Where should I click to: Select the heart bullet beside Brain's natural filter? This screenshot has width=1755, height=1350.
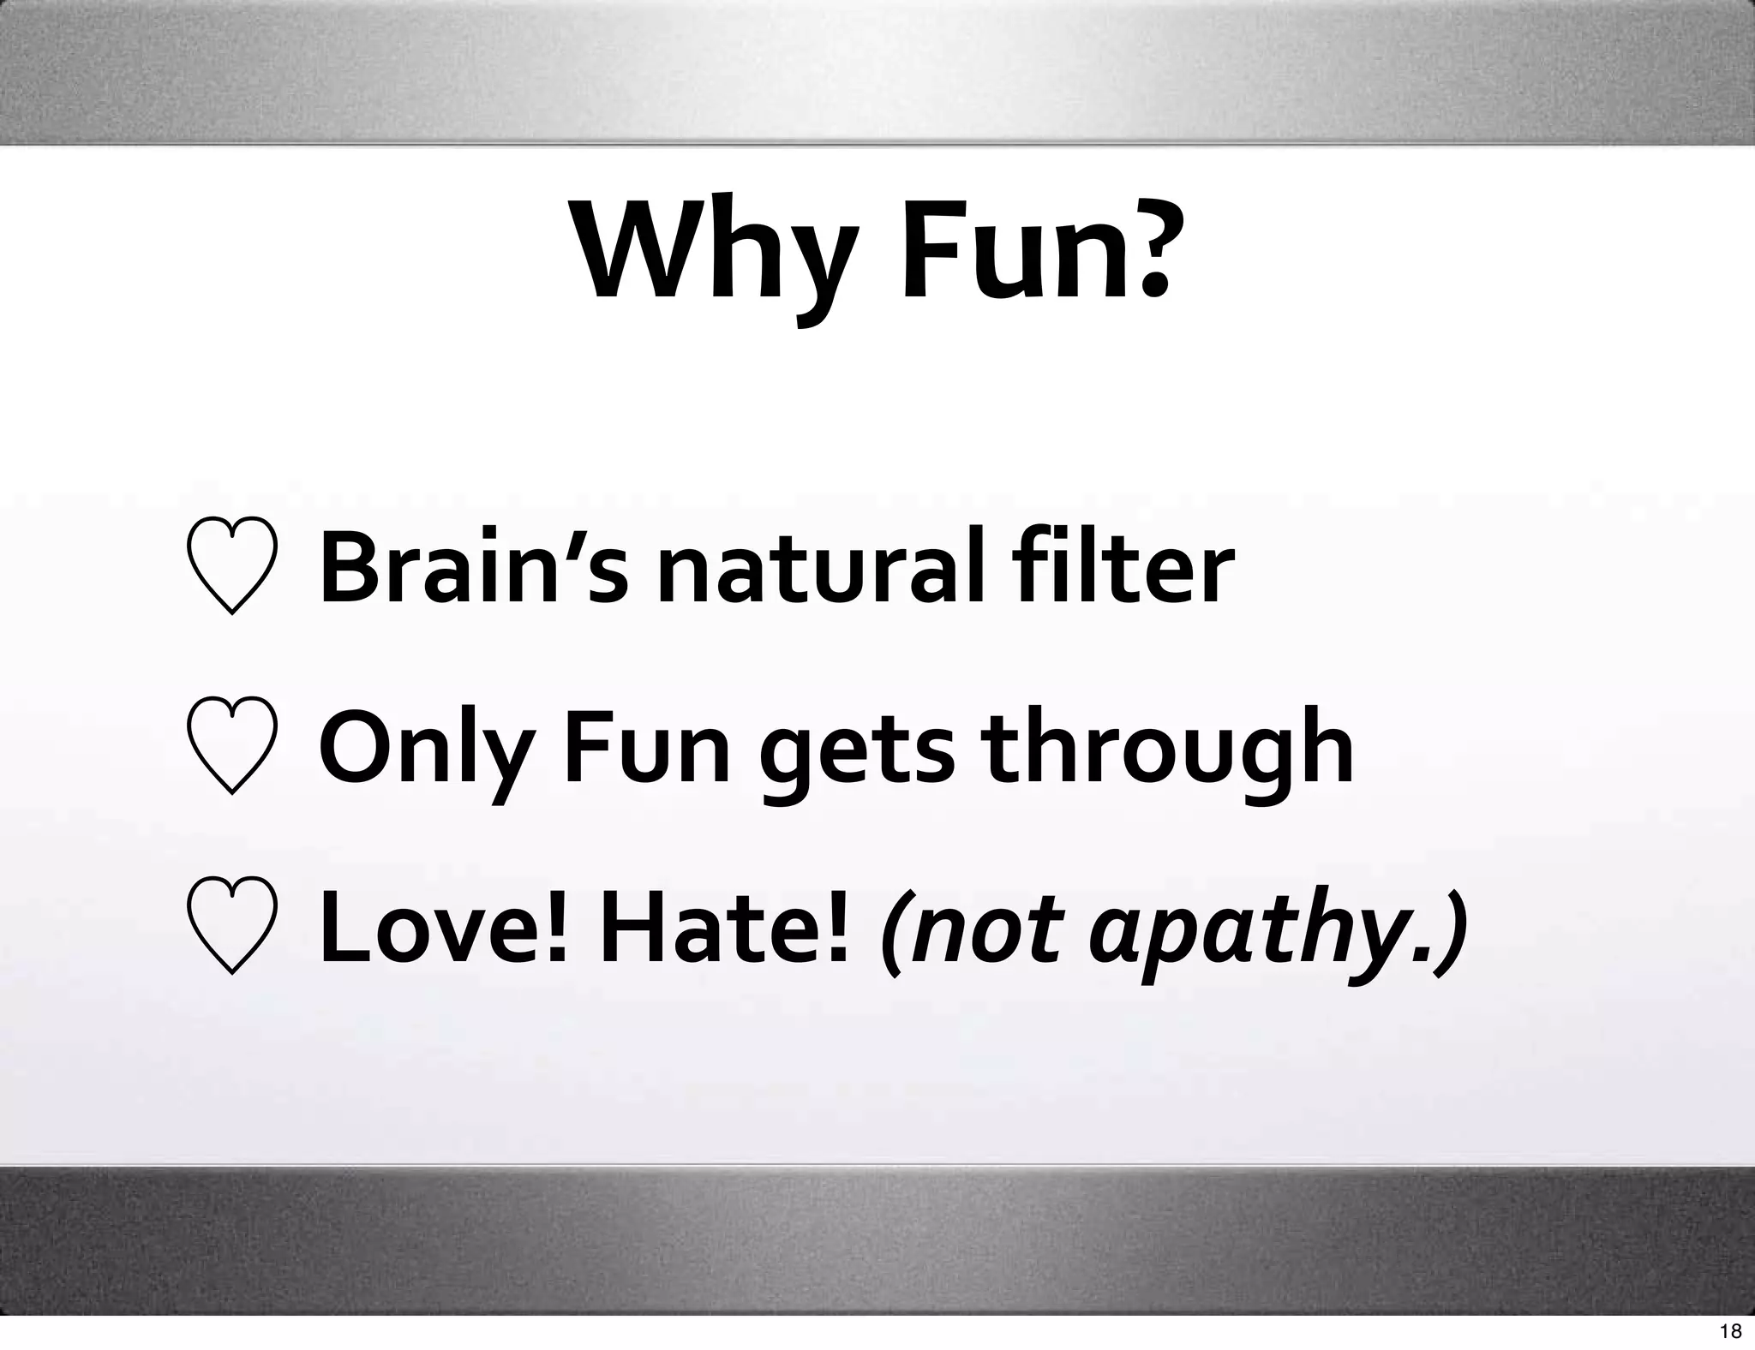(x=231, y=566)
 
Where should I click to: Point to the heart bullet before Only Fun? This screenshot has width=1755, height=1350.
(x=231, y=746)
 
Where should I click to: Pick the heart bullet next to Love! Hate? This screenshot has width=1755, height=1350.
(x=231, y=926)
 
